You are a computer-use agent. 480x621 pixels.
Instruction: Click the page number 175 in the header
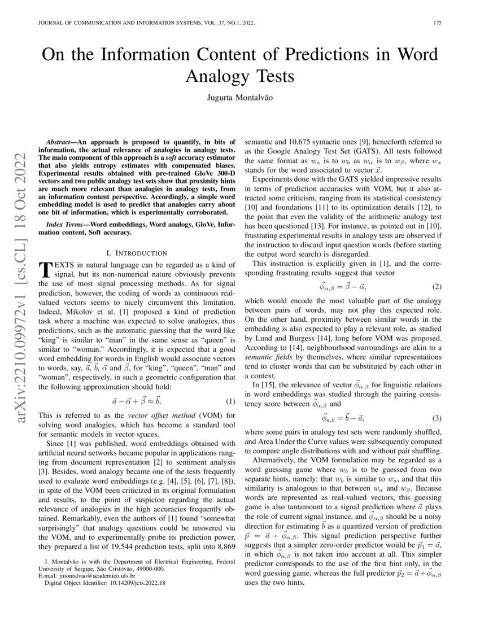(437, 23)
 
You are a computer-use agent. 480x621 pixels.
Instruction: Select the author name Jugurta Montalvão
(239, 98)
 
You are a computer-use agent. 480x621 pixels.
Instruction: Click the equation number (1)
(230, 402)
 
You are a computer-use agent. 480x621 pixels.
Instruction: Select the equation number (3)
(437, 418)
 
